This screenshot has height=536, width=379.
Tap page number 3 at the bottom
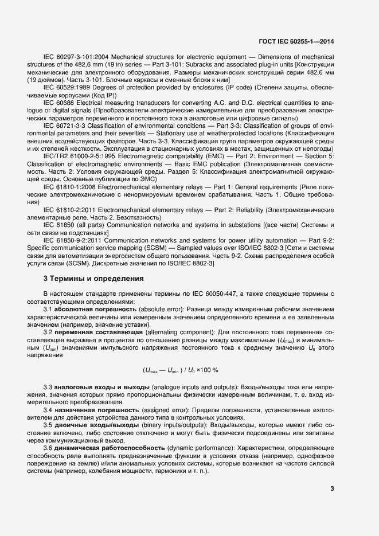coord(332,488)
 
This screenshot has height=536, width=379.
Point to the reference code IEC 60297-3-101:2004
coord(76,58)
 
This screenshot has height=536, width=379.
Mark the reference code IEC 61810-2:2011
coord(69,210)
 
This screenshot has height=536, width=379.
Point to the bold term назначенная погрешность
coord(89,411)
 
